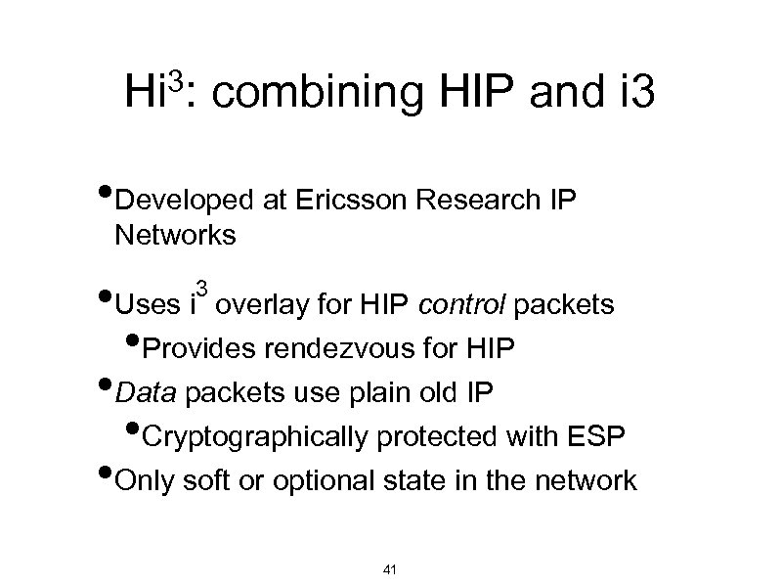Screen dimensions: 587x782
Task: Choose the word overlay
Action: click(x=261, y=306)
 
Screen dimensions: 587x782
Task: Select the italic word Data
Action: click(x=148, y=393)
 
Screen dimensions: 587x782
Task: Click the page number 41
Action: click(x=392, y=569)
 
